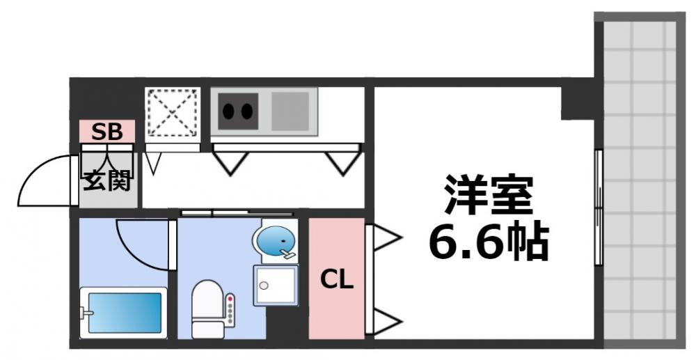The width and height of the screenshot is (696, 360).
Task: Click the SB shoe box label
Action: [x=107, y=130]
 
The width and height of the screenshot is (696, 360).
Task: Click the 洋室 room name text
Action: [x=488, y=197]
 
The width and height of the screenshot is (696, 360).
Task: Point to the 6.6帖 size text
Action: [x=488, y=240]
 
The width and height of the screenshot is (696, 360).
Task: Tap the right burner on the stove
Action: [x=246, y=110]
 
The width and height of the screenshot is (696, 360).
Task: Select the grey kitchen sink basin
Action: [x=290, y=111]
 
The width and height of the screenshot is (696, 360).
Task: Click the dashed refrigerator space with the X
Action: [x=172, y=111]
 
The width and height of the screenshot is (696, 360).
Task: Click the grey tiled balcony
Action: [x=640, y=181]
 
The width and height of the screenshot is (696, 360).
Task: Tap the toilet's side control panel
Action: [x=230, y=311]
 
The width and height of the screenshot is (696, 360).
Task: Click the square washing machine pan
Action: [x=275, y=284]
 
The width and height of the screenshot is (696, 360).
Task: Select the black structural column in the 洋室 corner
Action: [x=578, y=102]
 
